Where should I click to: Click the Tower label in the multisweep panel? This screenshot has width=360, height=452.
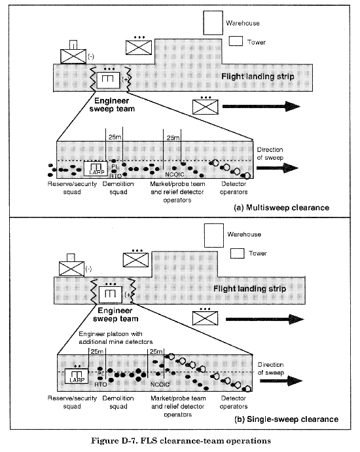257,42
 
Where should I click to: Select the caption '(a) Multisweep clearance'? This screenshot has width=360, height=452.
281,208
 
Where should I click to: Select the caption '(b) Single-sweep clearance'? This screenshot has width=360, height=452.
287,419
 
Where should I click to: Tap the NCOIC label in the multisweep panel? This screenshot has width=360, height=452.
175,174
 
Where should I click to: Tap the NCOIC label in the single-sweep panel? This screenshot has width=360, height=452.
160,385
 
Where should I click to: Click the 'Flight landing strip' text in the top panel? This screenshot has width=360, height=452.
258,77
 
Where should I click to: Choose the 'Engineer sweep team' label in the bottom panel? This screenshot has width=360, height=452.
115,314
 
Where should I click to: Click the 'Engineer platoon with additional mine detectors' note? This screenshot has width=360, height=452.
115,337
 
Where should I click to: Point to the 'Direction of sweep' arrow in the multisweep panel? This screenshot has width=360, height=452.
278,168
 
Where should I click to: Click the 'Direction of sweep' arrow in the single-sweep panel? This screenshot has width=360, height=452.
281,381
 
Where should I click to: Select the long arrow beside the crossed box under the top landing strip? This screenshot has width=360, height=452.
261,106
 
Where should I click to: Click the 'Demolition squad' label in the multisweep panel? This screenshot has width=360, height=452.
118,187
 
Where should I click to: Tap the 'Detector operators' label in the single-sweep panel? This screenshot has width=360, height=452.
234,402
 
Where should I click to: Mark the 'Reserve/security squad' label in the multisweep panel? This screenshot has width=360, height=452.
72,187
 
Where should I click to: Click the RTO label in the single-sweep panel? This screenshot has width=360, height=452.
101,385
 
